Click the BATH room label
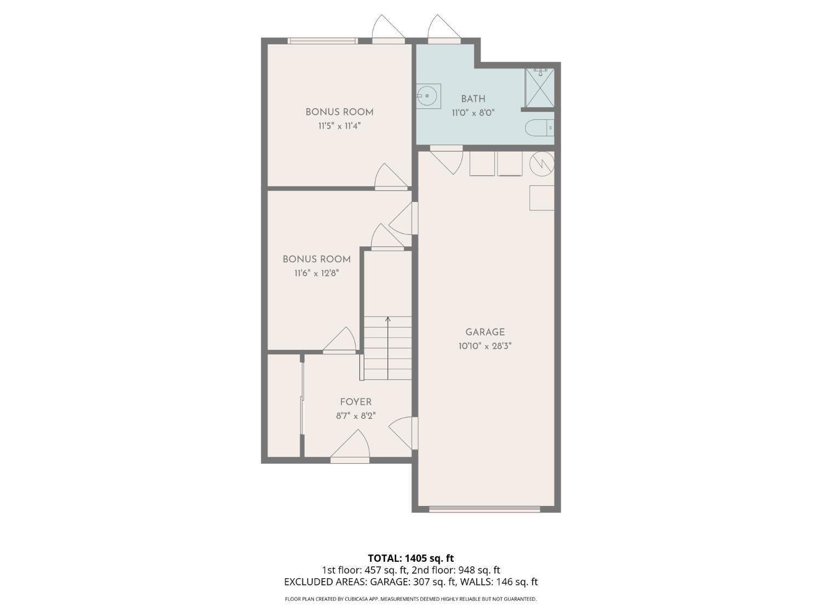(473, 99)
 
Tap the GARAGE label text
(485, 332)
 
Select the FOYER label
(356, 402)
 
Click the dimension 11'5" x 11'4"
(339, 126)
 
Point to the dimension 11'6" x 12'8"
(316, 273)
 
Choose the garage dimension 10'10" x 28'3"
(485, 346)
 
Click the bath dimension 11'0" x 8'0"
(473, 113)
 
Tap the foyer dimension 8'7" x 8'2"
(356, 416)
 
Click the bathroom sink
(428, 96)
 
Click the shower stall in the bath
(540, 88)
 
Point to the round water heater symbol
(542, 163)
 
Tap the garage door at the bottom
(484, 509)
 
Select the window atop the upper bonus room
(323, 41)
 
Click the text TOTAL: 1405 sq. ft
(410, 559)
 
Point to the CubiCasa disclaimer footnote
(410, 599)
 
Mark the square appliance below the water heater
(541, 198)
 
